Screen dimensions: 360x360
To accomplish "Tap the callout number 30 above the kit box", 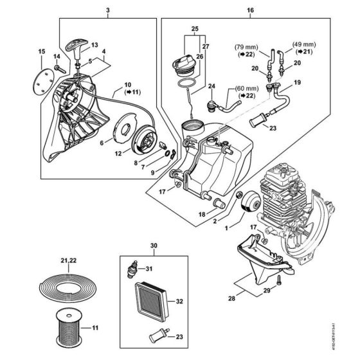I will [153, 245].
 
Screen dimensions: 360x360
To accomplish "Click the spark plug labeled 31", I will [134, 269].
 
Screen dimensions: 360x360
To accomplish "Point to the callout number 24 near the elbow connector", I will [210, 85].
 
